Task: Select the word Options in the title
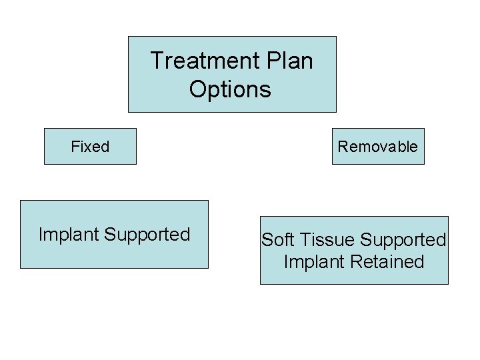pyautogui.click(x=230, y=89)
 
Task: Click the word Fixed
pyautogui.click(x=90, y=147)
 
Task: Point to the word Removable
pyautogui.click(x=377, y=147)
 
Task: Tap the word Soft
pyautogui.click(x=275, y=240)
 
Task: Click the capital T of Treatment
pyautogui.click(x=156, y=61)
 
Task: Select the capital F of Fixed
pyautogui.click(x=75, y=147)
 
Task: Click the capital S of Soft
pyautogui.click(x=266, y=240)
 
